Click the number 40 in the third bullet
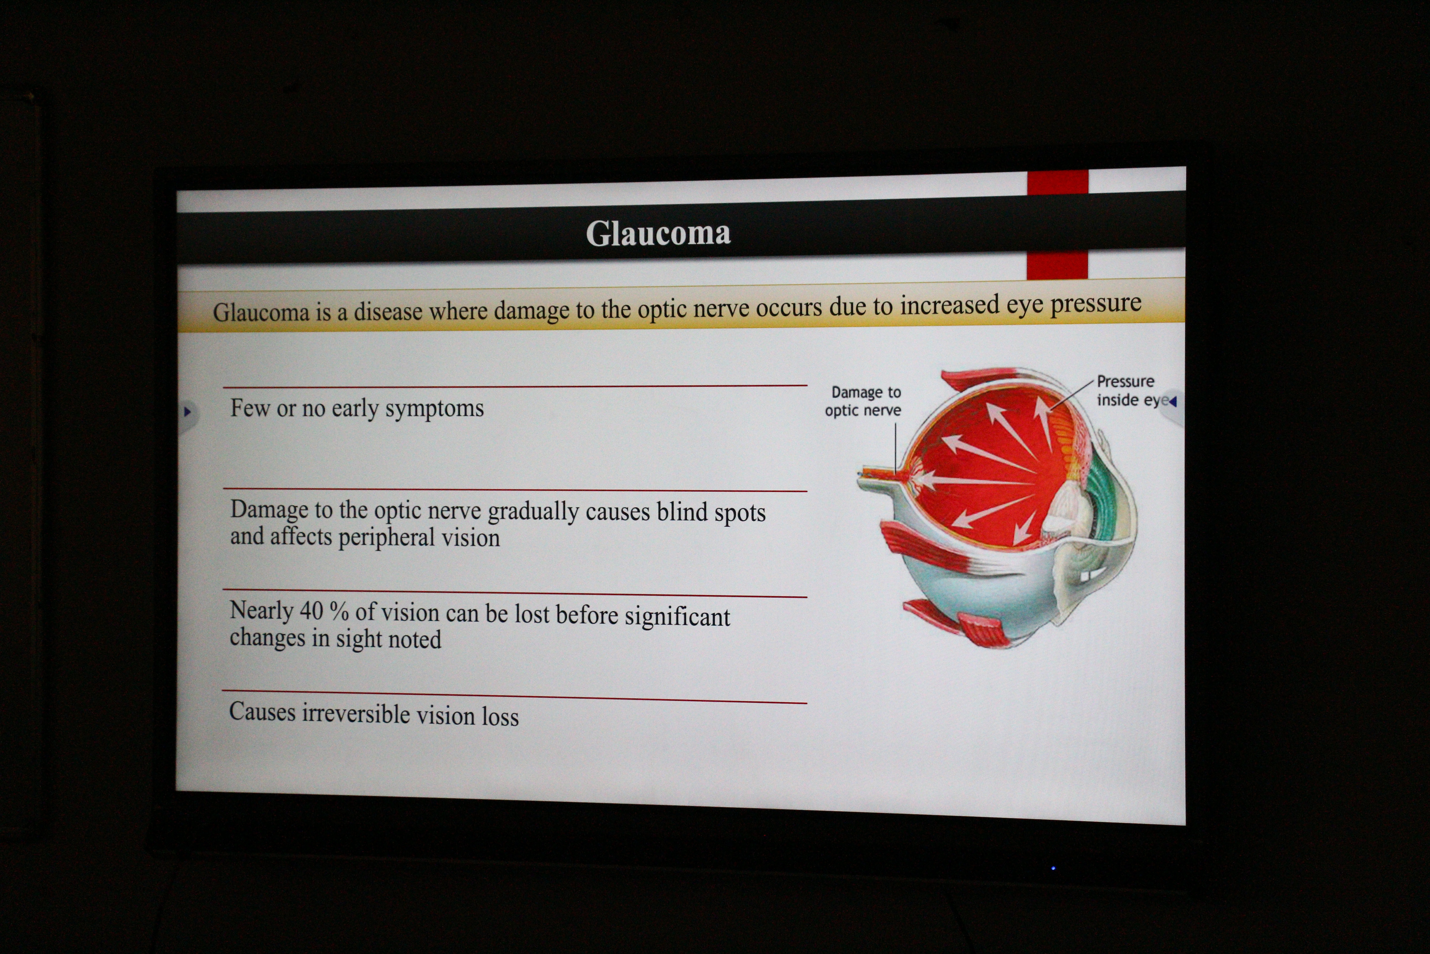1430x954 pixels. tap(311, 611)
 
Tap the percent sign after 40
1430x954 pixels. tap(339, 611)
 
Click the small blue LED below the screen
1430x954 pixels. tap(1053, 868)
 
